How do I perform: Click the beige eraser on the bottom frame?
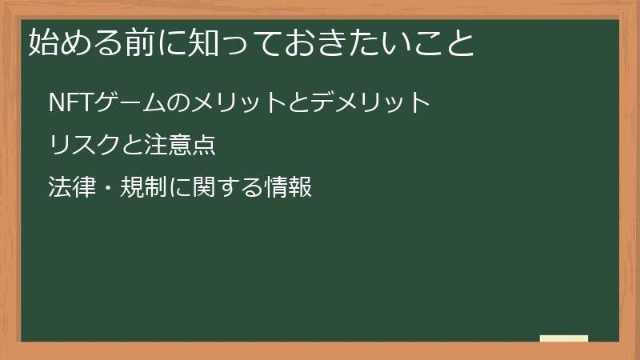(564, 339)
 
